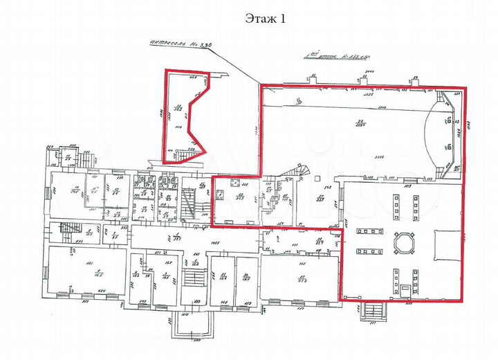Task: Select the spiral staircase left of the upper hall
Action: tap(302, 170)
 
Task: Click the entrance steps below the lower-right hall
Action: tap(373, 313)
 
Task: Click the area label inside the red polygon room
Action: tap(178, 107)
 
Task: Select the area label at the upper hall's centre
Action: tap(360, 124)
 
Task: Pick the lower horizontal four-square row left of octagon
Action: tap(365, 249)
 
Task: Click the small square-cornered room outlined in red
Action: tap(236, 200)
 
